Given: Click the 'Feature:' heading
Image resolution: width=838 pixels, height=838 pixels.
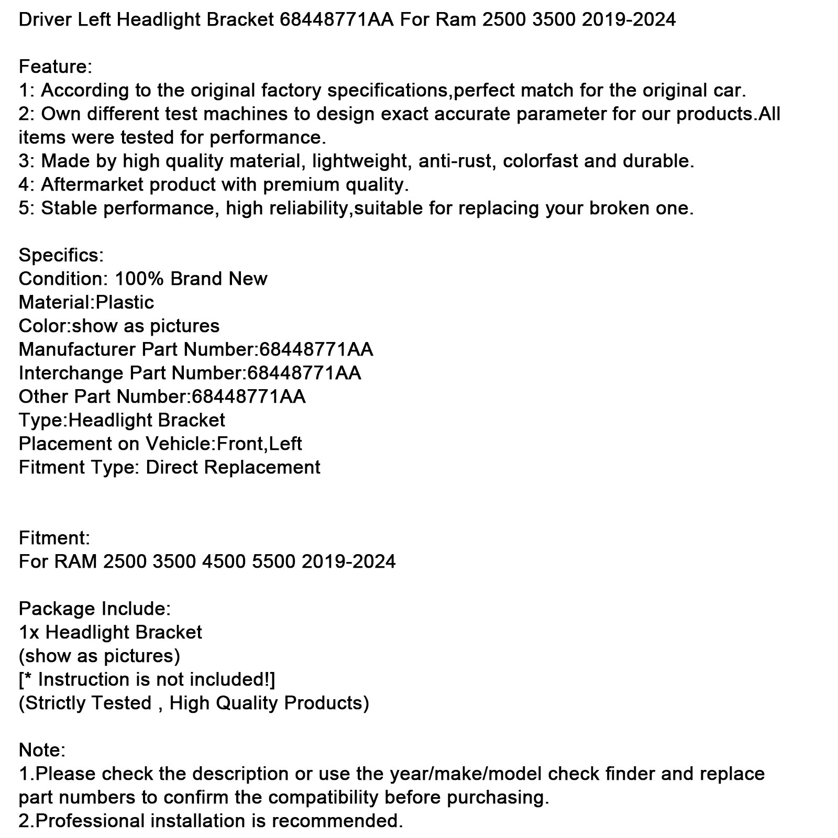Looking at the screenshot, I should pyautogui.click(x=56, y=67).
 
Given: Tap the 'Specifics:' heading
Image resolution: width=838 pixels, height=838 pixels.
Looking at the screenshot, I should pyautogui.click(x=61, y=256).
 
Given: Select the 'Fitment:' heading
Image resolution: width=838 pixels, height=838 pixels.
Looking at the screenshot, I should pyautogui.click(x=54, y=538).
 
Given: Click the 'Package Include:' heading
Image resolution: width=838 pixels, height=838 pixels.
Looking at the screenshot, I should pyautogui.click(x=94, y=609).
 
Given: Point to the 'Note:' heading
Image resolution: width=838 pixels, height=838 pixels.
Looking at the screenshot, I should pyautogui.click(x=42, y=751).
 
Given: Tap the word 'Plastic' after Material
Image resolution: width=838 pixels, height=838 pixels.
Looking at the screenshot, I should pyautogui.click(x=125, y=303).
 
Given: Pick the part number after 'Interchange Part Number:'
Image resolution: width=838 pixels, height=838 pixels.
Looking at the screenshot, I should pyautogui.click(x=304, y=373).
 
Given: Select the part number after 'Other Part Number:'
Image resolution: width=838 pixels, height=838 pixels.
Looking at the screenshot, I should pyautogui.click(x=249, y=397).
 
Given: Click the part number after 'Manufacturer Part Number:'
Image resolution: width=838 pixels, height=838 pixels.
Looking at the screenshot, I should pyautogui.click(x=316, y=350).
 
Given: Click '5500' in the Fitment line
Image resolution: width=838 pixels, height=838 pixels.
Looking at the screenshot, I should pyautogui.click(x=273, y=562).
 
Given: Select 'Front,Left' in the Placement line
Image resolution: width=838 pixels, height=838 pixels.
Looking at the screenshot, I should pyautogui.click(x=259, y=444).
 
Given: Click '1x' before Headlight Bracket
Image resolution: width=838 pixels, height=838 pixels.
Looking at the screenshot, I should pyautogui.click(x=29, y=633).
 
